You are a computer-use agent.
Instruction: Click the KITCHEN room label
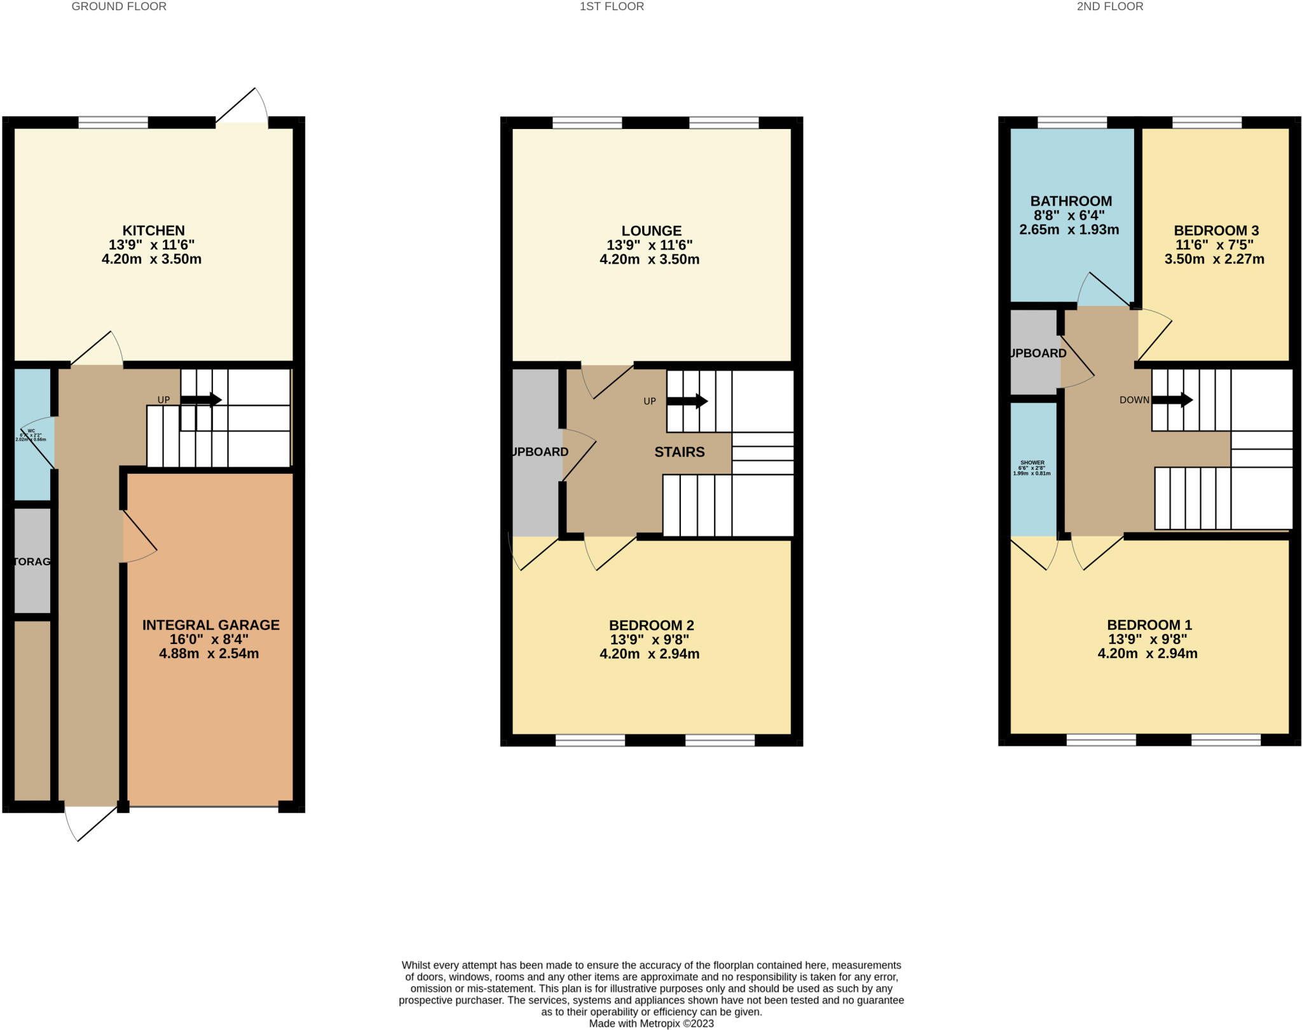point(153,231)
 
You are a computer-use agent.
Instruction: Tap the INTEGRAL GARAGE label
point(210,625)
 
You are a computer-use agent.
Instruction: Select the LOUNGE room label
point(651,231)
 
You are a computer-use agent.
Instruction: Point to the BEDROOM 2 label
point(651,625)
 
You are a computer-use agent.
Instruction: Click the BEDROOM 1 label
point(1149,625)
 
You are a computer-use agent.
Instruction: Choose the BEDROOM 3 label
point(1216,231)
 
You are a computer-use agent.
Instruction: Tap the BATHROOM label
point(1071,201)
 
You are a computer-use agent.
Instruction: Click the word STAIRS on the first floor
point(679,452)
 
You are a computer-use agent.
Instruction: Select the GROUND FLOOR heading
point(119,6)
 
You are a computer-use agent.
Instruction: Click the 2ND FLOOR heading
point(1109,6)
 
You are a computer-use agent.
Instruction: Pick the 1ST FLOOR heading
point(612,6)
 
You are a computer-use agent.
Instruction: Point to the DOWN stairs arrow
point(1172,400)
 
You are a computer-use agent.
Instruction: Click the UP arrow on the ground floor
point(201,399)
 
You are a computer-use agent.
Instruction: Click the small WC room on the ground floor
point(32,436)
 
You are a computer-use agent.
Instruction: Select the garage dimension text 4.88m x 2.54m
point(209,654)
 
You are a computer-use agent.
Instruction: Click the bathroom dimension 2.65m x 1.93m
point(1069,230)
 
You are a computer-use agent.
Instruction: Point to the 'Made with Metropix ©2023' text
point(651,1024)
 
